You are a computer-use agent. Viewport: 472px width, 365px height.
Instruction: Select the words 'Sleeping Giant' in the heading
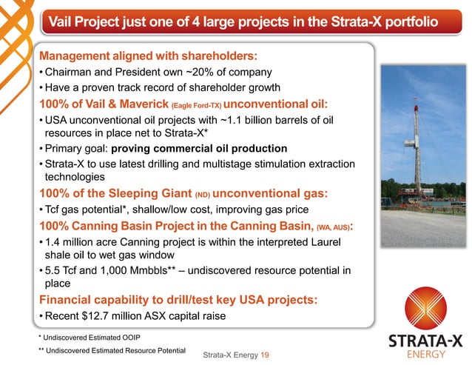pyautogui.click(x=142, y=194)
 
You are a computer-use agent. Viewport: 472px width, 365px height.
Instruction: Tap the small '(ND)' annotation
pyautogui.click(x=203, y=195)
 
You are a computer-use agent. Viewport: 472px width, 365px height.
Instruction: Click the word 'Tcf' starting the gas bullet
pyautogui.click(x=55, y=210)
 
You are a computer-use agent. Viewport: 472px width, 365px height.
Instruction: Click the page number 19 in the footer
pyautogui.click(x=264, y=355)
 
